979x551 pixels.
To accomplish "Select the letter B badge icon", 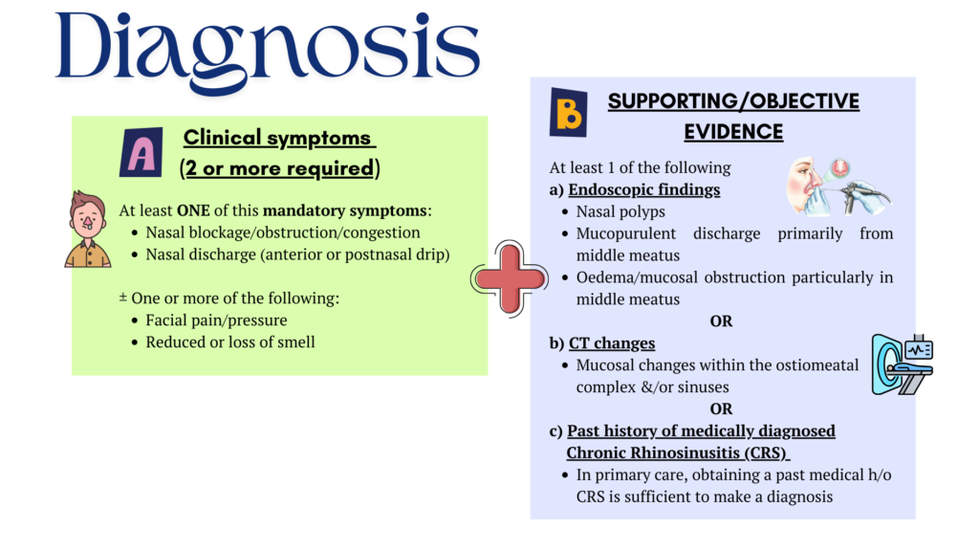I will coord(568,112).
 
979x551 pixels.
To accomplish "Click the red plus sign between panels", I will coord(510,278).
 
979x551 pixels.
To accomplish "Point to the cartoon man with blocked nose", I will coord(88,230).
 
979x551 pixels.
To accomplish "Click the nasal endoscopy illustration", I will coord(837,186).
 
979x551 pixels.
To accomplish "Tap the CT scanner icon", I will coord(901,364).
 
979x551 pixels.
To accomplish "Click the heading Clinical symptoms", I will coord(277,138).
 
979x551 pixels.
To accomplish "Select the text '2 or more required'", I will coord(279,169).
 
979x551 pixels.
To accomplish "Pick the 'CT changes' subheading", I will coord(611,342).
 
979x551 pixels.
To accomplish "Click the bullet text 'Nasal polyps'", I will coord(620,211).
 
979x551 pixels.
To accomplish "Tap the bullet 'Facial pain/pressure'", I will coord(216,320).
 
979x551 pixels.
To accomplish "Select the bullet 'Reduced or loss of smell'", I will coord(230,342).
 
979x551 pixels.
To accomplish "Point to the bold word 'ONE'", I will coord(193,210).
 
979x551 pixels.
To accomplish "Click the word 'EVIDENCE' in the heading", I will coord(733,132).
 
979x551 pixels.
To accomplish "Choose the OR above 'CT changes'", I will coord(721,321).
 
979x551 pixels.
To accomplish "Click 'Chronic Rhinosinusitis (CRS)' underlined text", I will coord(677,452).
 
